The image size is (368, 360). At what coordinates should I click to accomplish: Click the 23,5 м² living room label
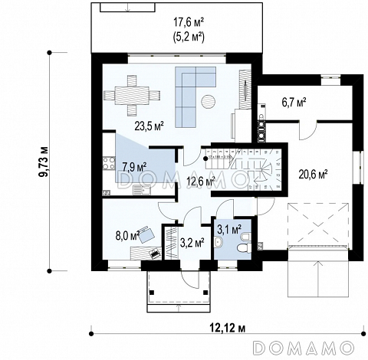[149, 126]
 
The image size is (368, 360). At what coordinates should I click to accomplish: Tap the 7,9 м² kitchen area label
[134, 166]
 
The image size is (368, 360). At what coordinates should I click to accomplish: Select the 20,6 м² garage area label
[313, 175]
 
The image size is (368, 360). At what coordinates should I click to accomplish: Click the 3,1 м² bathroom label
[229, 229]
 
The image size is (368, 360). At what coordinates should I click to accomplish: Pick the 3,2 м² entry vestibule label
[192, 243]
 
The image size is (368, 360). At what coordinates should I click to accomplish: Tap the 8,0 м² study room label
[127, 236]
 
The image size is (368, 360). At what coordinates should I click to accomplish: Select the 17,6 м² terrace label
[189, 22]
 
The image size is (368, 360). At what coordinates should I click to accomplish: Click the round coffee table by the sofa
[209, 102]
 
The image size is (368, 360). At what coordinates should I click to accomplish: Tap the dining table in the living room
[132, 96]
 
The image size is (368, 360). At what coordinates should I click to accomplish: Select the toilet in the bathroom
[243, 247]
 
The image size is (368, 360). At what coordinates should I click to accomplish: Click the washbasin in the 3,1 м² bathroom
[218, 241]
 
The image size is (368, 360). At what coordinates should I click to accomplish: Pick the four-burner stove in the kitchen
[109, 164]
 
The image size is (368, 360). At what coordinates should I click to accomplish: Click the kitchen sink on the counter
[142, 190]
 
